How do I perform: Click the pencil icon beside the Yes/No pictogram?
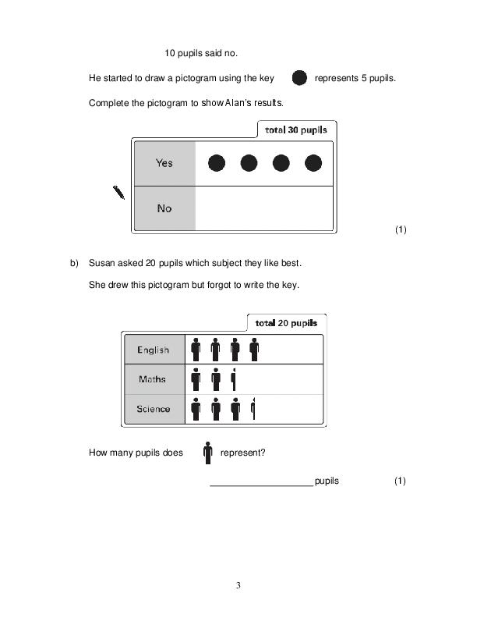click(x=119, y=192)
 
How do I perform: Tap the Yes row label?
click(x=164, y=163)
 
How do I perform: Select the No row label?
click(x=164, y=208)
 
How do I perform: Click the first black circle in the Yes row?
click(x=217, y=163)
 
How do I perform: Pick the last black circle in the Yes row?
click(x=313, y=163)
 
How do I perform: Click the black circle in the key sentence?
click(x=299, y=78)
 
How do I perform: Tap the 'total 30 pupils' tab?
click(x=295, y=130)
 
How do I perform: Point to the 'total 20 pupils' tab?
click(x=286, y=323)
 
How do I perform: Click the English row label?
click(x=153, y=350)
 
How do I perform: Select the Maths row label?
click(x=153, y=379)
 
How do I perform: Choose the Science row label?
click(x=153, y=409)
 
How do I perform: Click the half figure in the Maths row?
click(x=234, y=379)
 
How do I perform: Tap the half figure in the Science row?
click(x=253, y=409)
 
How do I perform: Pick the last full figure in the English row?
click(x=253, y=350)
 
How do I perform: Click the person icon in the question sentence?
click(x=208, y=453)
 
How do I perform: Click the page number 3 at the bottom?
click(x=238, y=585)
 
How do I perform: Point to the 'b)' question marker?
click(x=75, y=263)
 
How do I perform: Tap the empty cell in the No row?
click(x=263, y=208)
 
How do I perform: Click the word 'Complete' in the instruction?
click(x=107, y=103)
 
